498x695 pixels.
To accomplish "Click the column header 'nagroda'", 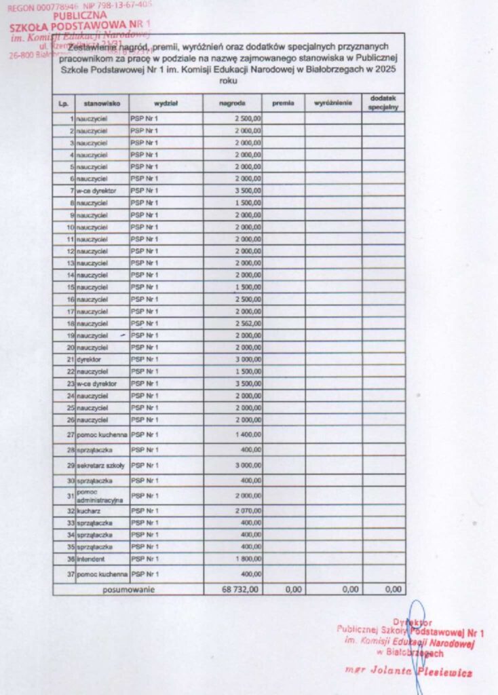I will click(x=232, y=104).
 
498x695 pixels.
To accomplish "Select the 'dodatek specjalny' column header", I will click(x=383, y=103).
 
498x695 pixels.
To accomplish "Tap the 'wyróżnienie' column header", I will click(x=332, y=104).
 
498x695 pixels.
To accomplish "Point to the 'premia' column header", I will click(x=283, y=104).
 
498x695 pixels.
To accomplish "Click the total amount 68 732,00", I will click(x=240, y=589).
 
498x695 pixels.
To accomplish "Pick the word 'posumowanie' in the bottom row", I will click(x=129, y=589).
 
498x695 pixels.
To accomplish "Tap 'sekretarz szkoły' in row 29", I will click(x=100, y=466).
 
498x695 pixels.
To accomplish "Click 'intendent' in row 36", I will click(x=91, y=559).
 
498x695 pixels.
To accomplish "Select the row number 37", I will click(x=70, y=574).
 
